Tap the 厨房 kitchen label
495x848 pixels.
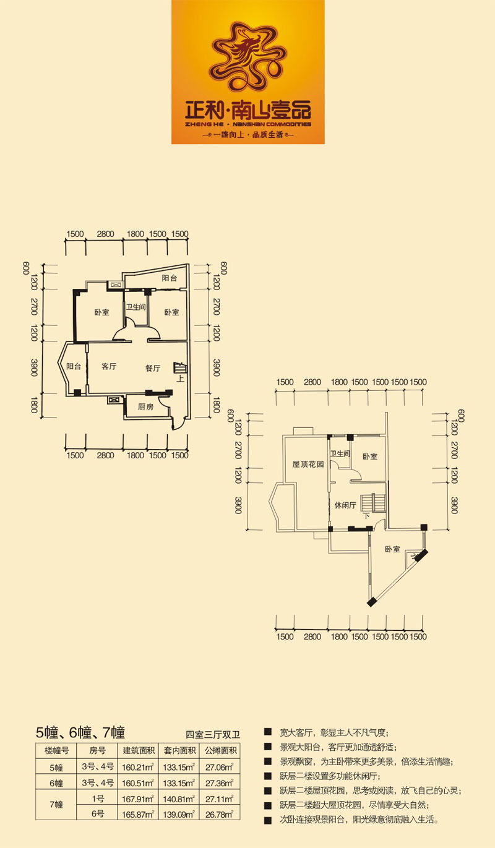click(x=145, y=407)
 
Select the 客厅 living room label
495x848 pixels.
click(x=109, y=366)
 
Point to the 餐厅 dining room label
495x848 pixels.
click(x=153, y=368)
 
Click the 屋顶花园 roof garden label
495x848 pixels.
click(x=308, y=464)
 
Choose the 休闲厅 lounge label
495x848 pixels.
click(x=345, y=505)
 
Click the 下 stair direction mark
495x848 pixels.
click(x=366, y=516)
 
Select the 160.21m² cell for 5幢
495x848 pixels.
click(x=137, y=768)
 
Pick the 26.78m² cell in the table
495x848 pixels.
click(x=219, y=814)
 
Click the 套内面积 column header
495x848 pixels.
click(x=179, y=751)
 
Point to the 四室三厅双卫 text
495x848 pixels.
click(x=212, y=735)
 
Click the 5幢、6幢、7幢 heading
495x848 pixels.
click(x=80, y=733)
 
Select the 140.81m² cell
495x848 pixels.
click(x=179, y=799)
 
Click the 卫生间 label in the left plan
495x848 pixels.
click(x=136, y=307)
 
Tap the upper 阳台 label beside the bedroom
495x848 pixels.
click(x=170, y=278)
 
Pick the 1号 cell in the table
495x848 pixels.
click(x=98, y=799)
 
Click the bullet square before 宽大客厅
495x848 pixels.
click(x=268, y=732)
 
